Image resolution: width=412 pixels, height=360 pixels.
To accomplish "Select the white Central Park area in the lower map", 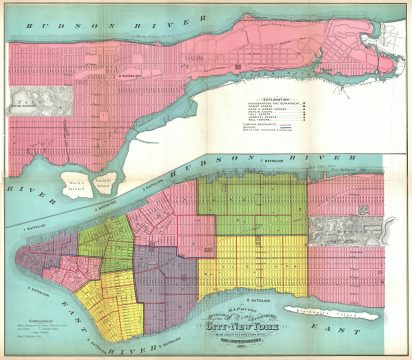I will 346,231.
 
